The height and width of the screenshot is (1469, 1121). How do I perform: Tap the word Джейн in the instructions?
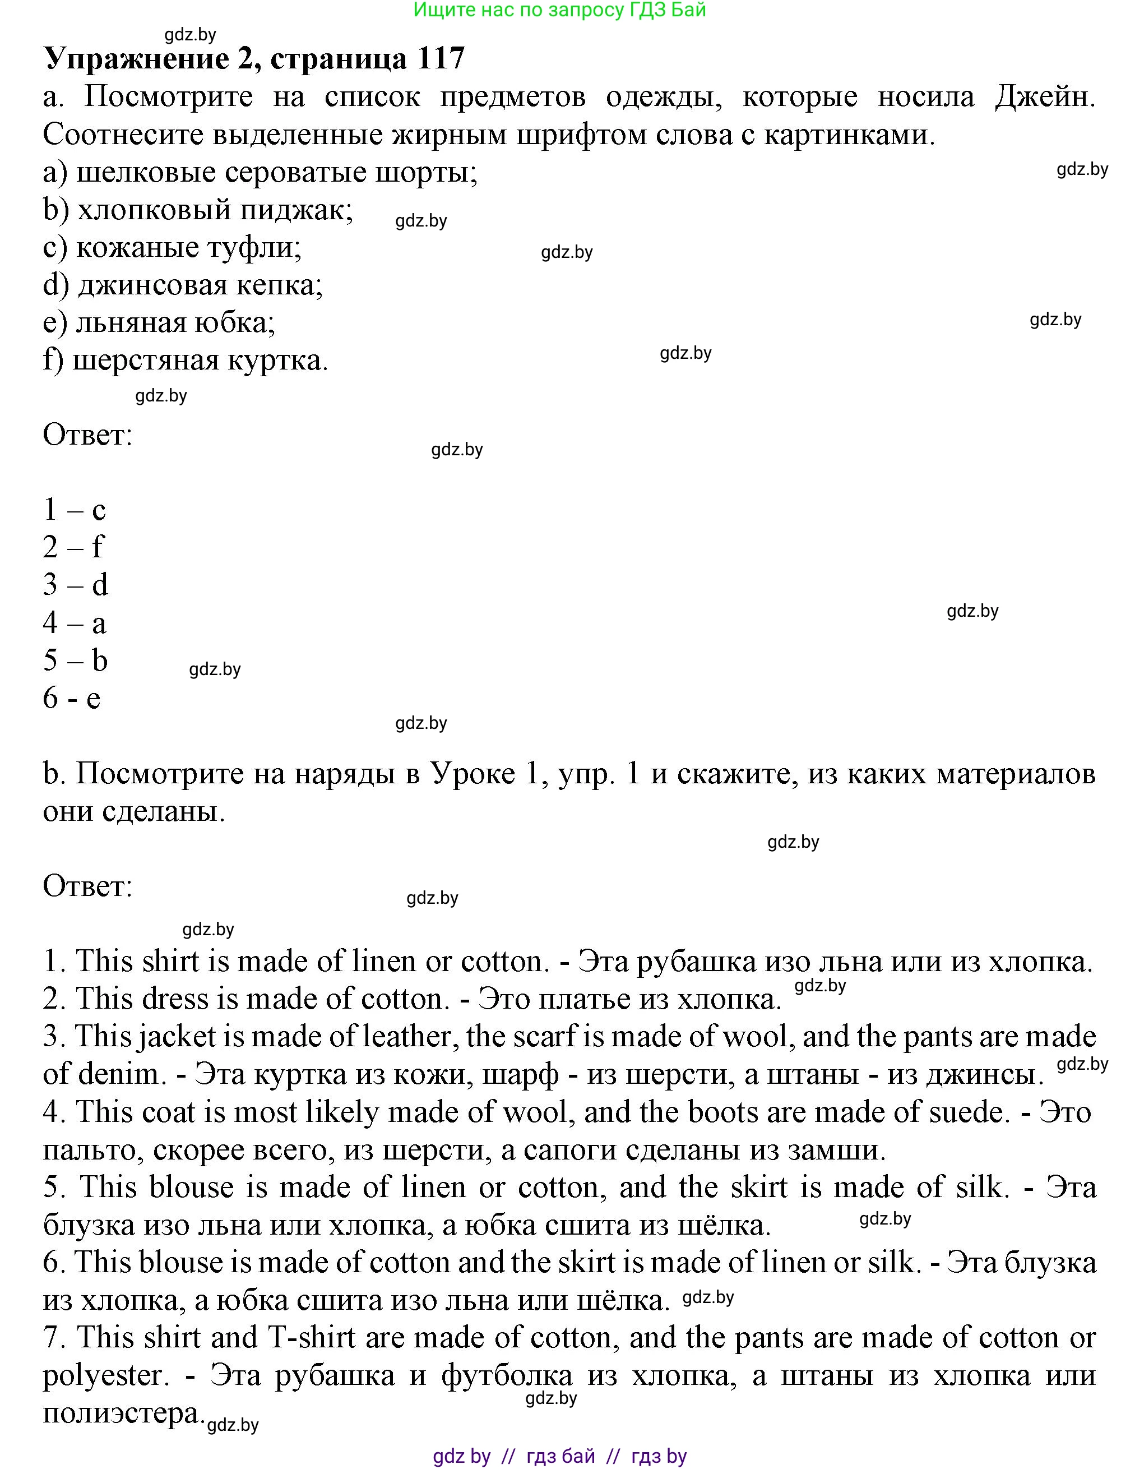tap(1044, 98)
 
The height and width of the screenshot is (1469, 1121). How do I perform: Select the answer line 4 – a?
tap(75, 623)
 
